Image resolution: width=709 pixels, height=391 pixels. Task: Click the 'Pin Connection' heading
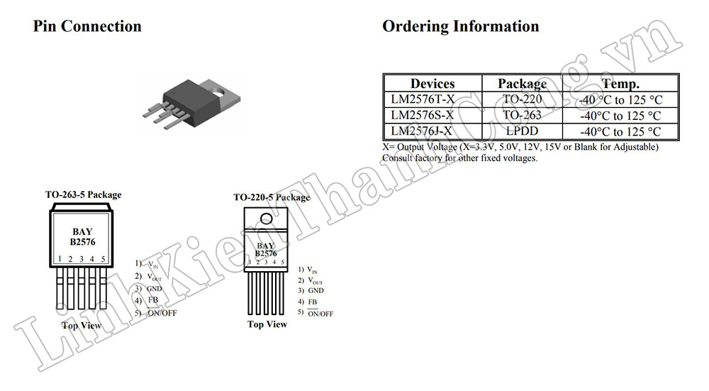tap(87, 27)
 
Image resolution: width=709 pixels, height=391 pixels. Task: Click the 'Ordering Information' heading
tap(460, 27)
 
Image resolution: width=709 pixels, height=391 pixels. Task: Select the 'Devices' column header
tap(432, 84)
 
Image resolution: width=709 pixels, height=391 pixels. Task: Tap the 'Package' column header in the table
tap(522, 84)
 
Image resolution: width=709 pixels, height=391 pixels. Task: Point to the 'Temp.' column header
tap(620, 84)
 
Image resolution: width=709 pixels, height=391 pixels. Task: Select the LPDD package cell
tap(522, 131)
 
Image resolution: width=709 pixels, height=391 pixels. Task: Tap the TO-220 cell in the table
tap(522, 99)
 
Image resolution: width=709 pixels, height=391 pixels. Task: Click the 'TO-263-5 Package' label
tap(83, 194)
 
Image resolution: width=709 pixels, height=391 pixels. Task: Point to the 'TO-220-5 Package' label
tap(272, 197)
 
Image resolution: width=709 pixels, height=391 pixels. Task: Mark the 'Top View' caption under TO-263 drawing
tap(81, 326)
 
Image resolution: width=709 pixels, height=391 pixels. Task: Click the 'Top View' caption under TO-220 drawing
tap(267, 324)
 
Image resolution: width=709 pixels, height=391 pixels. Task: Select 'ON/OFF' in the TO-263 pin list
tap(162, 312)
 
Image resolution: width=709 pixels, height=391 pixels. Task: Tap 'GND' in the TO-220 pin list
tap(316, 291)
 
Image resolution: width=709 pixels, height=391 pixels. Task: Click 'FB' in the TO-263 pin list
tap(152, 300)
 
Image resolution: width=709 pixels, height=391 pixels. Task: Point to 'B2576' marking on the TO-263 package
tap(82, 241)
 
